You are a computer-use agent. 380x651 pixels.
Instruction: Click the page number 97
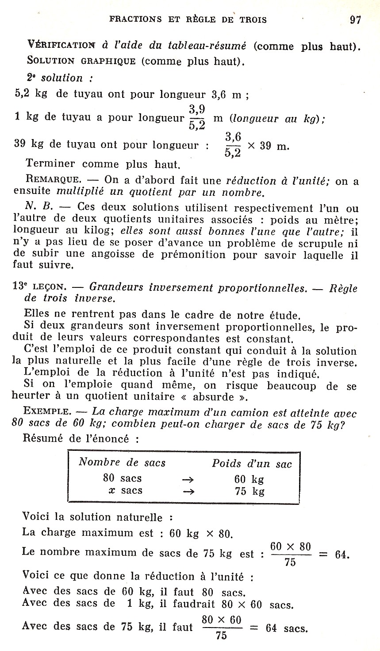[355, 20]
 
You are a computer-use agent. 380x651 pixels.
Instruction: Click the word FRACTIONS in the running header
[135, 19]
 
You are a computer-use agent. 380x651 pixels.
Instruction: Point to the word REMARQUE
[54, 180]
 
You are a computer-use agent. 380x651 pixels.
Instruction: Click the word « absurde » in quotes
[231, 396]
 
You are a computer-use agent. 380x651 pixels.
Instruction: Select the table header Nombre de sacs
[122, 463]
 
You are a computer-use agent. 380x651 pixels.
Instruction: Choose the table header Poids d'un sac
[252, 464]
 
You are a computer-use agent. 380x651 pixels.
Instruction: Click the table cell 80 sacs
[123, 478]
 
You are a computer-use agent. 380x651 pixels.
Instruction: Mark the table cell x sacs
[126, 491]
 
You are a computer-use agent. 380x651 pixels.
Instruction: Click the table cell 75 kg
[249, 491]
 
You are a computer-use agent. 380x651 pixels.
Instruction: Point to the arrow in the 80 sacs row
[188, 479]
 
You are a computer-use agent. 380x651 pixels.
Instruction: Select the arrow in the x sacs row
[188, 491]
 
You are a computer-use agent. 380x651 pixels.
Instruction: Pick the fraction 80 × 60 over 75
[222, 628]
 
